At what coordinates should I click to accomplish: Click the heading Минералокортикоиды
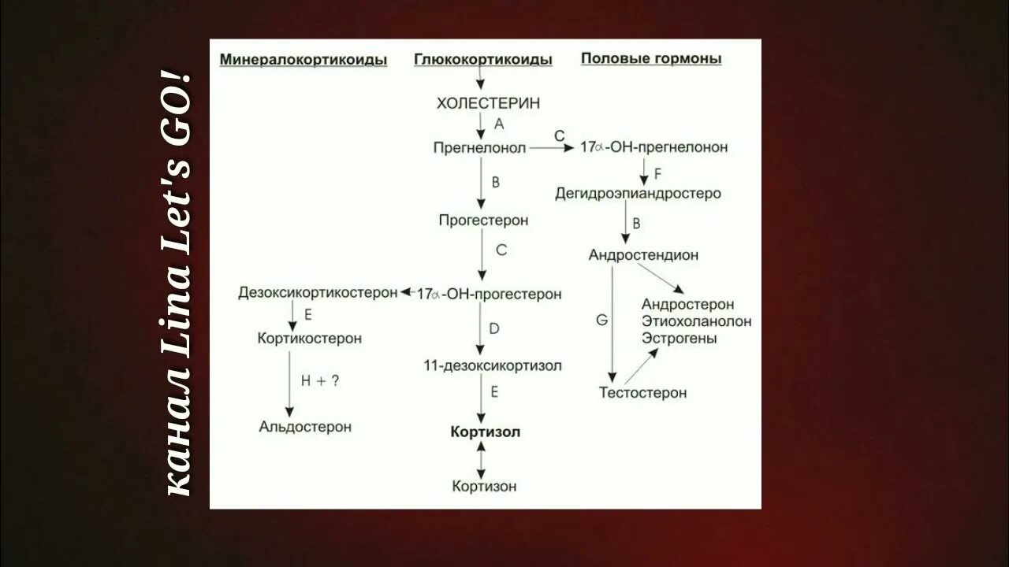[x=303, y=59]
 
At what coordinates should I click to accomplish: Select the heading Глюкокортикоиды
[x=482, y=59]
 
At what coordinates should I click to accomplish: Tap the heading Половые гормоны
[x=651, y=58]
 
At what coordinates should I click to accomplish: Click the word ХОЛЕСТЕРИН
[x=478, y=103]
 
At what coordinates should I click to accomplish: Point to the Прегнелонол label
[x=479, y=147]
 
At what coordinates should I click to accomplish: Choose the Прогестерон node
[x=483, y=220]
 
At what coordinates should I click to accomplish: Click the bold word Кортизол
[x=486, y=432]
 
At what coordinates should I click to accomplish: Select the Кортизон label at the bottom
[x=484, y=486]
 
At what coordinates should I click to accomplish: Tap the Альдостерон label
[x=305, y=426]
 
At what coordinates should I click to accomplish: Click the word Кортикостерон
[x=310, y=338]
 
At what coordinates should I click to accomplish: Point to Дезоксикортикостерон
[x=318, y=293]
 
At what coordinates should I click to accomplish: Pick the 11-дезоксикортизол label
[x=492, y=365]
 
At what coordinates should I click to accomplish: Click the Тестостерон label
[x=642, y=392]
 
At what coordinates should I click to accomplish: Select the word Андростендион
[x=643, y=255]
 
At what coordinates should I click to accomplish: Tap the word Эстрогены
[x=679, y=338]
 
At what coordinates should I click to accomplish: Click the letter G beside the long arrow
[x=601, y=320]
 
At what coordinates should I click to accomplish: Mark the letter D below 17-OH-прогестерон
[x=494, y=328]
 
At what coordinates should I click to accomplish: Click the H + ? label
[x=320, y=380]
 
